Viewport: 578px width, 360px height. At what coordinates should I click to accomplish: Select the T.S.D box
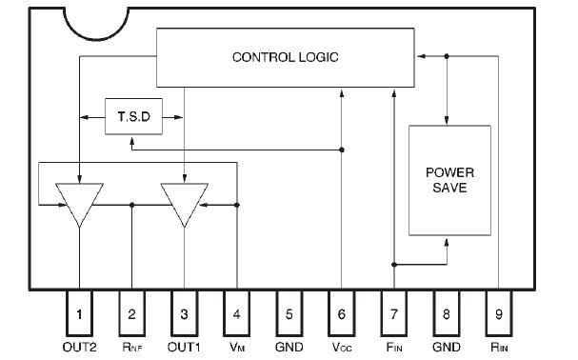click(x=131, y=118)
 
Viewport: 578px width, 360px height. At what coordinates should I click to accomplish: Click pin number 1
click(x=80, y=311)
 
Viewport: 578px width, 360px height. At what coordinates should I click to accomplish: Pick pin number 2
click(x=132, y=311)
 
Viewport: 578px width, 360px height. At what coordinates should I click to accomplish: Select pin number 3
click(x=185, y=311)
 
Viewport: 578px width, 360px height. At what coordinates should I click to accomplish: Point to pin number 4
click(x=237, y=311)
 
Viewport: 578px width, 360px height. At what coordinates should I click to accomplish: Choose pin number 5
click(x=289, y=311)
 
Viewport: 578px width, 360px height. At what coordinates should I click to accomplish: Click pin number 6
click(x=342, y=311)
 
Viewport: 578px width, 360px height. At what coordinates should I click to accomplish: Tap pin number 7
click(x=394, y=311)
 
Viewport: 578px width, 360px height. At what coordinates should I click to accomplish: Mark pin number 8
click(x=447, y=311)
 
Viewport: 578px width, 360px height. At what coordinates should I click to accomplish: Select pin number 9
click(x=499, y=311)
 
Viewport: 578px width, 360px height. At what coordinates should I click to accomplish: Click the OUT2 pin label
click(x=80, y=347)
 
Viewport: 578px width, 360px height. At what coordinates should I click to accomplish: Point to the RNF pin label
click(x=132, y=347)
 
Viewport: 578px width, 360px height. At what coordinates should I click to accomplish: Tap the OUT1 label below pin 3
click(x=185, y=347)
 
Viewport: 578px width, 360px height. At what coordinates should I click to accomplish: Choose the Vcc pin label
click(x=342, y=347)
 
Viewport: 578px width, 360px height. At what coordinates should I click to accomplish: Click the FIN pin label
click(x=394, y=347)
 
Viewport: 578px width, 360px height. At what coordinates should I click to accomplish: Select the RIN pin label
click(x=499, y=347)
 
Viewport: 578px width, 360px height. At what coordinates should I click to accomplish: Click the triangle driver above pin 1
click(x=80, y=202)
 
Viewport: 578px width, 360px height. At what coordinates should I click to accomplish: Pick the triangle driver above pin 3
click(x=184, y=202)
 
